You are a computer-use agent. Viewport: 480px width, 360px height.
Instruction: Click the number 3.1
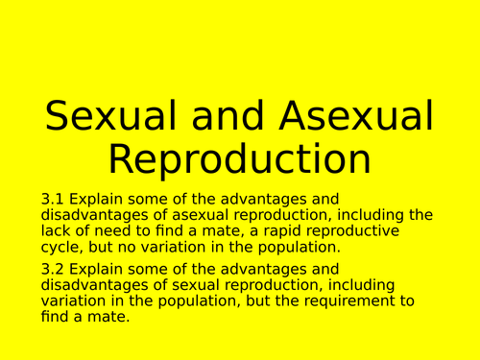pos(53,199)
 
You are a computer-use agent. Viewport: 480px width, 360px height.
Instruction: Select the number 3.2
pos(53,270)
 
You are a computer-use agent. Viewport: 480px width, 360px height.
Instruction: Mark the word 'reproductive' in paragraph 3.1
pos(386,230)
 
